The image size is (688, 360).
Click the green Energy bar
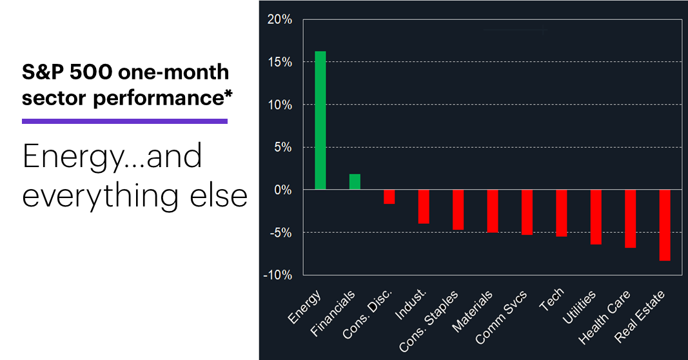[x=320, y=120]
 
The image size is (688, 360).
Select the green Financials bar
[x=355, y=182]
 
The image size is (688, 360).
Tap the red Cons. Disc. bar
[x=389, y=197]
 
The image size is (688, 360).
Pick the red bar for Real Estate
[x=665, y=225]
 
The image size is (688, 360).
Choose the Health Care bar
[x=630, y=219]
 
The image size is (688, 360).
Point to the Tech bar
[x=561, y=213]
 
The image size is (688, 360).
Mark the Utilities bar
[x=596, y=217]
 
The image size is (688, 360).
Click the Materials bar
[x=493, y=211]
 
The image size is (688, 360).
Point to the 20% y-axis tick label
[x=279, y=20]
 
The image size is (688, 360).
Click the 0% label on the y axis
[x=282, y=190]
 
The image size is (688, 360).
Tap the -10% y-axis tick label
[x=277, y=275]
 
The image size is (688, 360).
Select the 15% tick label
[x=280, y=63]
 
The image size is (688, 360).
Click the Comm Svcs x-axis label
[x=501, y=317]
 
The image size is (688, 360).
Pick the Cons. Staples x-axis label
[x=428, y=321]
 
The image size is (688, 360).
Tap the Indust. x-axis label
[x=410, y=305]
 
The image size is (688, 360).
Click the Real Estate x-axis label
[x=639, y=317]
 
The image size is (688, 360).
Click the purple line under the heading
[x=124, y=121]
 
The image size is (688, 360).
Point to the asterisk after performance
[x=228, y=93]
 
